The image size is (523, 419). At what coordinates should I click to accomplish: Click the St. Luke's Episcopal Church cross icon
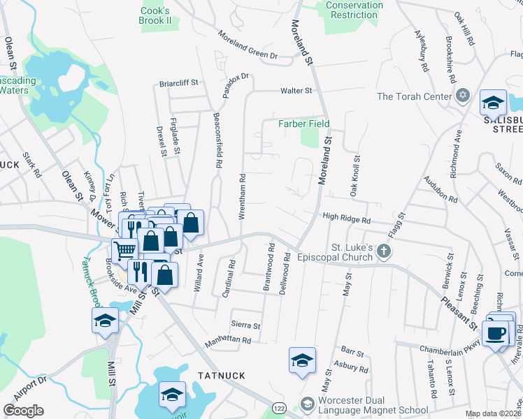point(382,251)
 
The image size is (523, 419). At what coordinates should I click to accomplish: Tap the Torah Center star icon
point(461,96)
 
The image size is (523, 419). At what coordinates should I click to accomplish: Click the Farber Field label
point(303,124)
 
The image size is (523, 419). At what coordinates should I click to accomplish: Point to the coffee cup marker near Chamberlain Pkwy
point(497,333)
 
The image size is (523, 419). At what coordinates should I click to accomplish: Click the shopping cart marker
point(125,250)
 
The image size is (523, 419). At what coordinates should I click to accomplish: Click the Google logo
point(23,411)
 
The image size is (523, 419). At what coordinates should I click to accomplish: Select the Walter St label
point(296,91)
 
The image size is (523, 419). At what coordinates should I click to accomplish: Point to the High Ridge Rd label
point(346,219)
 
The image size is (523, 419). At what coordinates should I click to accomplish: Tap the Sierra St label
point(246,325)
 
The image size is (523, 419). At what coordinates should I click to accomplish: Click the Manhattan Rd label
point(227,341)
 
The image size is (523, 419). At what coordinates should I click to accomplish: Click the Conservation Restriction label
point(354,10)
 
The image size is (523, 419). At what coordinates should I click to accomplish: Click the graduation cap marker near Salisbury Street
point(493,103)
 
